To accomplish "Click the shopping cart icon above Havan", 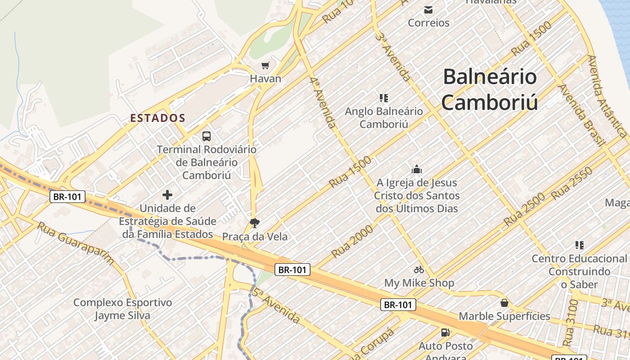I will pyautogui.click(x=265, y=66).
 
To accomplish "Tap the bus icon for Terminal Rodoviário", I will pyautogui.click(x=207, y=136).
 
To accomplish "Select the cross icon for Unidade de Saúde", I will pyautogui.click(x=167, y=195).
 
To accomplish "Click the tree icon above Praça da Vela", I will pyautogui.click(x=255, y=223).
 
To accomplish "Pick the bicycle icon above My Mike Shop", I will pyautogui.click(x=419, y=270).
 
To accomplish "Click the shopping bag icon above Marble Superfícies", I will pyautogui.click(x=504, y=303).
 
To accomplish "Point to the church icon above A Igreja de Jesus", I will pyautogui.click(x=417, y=170).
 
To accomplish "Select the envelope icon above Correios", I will pyautogui.click(x=428, y=9).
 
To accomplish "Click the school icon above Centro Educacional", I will pyautogui.click(x=580, y=245).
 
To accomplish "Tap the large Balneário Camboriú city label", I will pyautogui.click(x=490, y=89).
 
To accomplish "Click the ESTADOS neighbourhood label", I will pyautogui.click(x=157, y=118).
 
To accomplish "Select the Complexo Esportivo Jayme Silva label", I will pyautogui.click(x=122, y=309).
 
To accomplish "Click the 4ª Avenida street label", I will pyautogui.click(x=323, y=102).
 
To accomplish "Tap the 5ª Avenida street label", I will pyautogui.click(x=276, y=306).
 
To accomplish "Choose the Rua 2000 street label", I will pyautogui.click(x=353, y=241).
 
